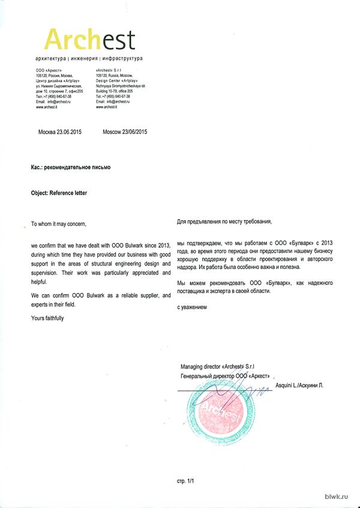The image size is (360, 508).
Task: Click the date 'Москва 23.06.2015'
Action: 59,132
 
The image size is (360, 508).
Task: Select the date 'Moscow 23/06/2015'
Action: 125,132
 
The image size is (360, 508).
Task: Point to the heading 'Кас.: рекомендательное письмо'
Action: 70,168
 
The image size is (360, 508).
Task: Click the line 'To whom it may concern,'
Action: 59,224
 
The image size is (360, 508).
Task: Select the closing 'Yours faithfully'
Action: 47,318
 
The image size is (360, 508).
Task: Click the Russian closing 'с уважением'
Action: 192,307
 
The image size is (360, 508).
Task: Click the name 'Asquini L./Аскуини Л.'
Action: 299,384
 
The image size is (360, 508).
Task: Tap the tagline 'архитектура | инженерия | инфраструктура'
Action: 89,59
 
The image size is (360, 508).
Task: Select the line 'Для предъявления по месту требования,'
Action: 224,222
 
